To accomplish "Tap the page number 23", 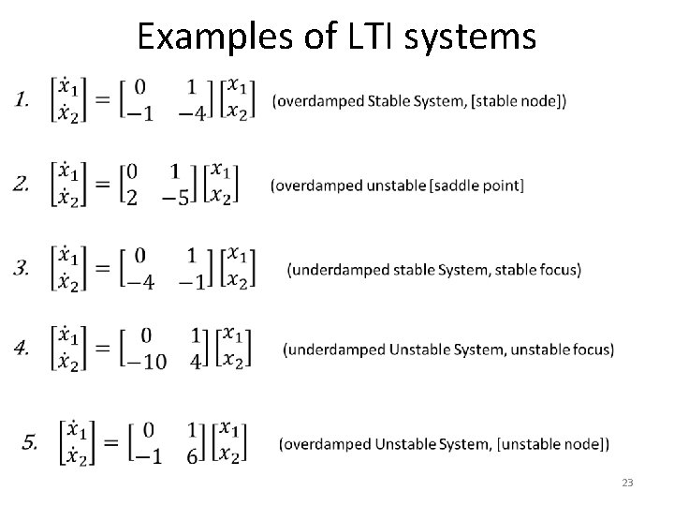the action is coord(627,483).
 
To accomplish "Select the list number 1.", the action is coord(22,100).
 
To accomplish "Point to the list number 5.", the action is coord(31,441).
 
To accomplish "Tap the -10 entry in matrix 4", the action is coord(148,363).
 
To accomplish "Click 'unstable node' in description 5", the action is coord(563,442).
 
